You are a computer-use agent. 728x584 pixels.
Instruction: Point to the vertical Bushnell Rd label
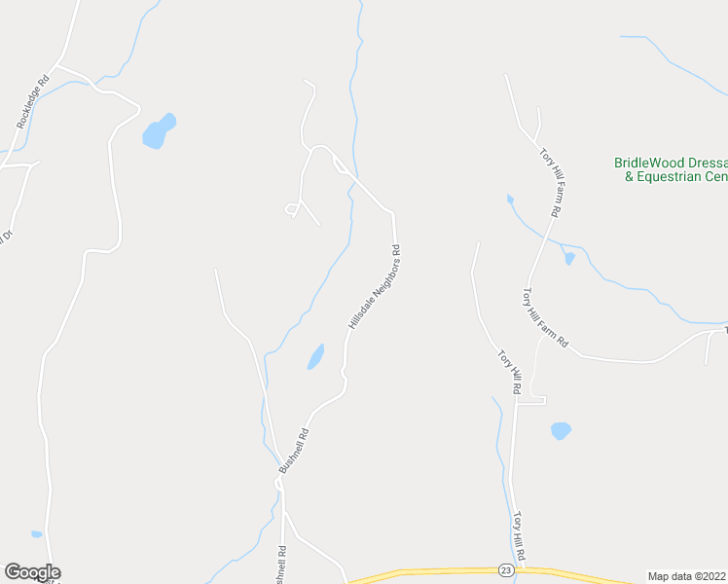281,564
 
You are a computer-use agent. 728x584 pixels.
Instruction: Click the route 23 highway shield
505,569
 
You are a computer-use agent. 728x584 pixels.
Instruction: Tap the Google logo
32,572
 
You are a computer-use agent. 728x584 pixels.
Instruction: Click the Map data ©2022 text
687,575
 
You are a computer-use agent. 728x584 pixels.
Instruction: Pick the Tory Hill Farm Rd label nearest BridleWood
552,182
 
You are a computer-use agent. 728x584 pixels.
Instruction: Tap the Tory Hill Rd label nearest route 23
521,535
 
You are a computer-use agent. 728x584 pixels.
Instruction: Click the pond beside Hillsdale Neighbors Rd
315,357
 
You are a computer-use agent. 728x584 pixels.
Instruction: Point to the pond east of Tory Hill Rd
561,430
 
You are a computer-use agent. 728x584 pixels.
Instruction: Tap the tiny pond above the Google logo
37,534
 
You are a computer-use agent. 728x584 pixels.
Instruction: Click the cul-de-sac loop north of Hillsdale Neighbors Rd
290,210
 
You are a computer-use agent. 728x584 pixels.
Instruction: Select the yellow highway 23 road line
438,571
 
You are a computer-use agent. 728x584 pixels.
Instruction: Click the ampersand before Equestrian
629,177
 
